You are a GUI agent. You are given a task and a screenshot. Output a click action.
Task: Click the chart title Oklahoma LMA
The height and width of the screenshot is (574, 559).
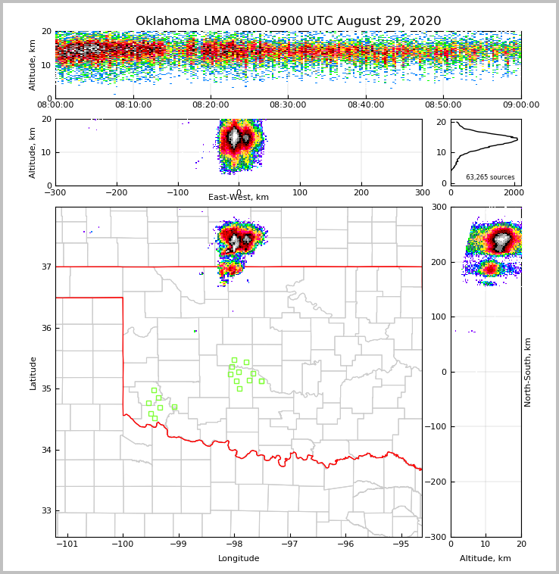(x=288, y=21)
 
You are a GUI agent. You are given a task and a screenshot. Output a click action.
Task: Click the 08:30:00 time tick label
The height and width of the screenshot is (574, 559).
(x=288, y=105)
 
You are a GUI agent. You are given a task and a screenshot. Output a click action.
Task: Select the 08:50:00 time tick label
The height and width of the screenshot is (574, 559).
(x=443, y=105)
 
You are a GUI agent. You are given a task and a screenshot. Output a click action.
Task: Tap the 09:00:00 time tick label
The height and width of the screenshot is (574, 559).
(x=520, y=105)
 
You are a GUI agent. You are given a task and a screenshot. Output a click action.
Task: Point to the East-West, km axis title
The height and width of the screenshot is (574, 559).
(x=239, y=198)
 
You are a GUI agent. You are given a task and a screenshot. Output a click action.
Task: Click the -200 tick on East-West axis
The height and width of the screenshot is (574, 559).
(x=116, y=192)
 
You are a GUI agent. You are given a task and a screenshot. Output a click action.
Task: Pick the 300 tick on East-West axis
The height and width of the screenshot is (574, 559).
(x=422, y=192)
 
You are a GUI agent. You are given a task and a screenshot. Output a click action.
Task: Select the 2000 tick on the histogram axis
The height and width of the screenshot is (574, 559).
(x=514, y=192)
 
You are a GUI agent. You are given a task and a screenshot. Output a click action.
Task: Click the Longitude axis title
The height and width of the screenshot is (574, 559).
(x=239, y=559)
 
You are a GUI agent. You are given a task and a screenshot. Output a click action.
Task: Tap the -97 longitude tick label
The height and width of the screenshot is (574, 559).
(x=290, y=544)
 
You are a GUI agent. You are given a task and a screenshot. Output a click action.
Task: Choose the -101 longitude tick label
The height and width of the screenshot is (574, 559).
(x=67, y=544)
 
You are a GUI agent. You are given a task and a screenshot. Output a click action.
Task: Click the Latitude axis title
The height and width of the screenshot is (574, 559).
(x=33, y=373)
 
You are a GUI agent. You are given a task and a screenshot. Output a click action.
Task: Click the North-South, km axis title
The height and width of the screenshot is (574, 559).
(x=528, y=372)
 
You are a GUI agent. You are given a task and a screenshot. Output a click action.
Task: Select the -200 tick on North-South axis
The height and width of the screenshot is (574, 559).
(x=437, y=482)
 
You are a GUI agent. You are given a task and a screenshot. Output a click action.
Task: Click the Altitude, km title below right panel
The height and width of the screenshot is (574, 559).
(x=486, y=559)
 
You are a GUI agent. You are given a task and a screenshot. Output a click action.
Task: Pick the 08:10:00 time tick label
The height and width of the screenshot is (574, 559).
(x=133, y=105)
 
